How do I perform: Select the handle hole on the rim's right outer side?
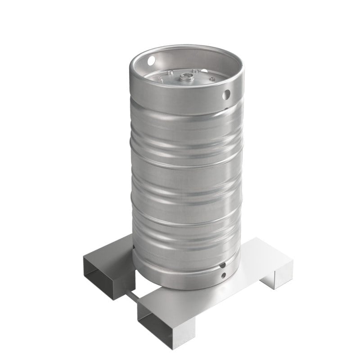pyautogui.click(x=227, y=94)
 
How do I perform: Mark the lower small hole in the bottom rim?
pyautogui.click(x=223, y=275)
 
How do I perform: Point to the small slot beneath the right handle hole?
pyautogui.click(x=225, y=108)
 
